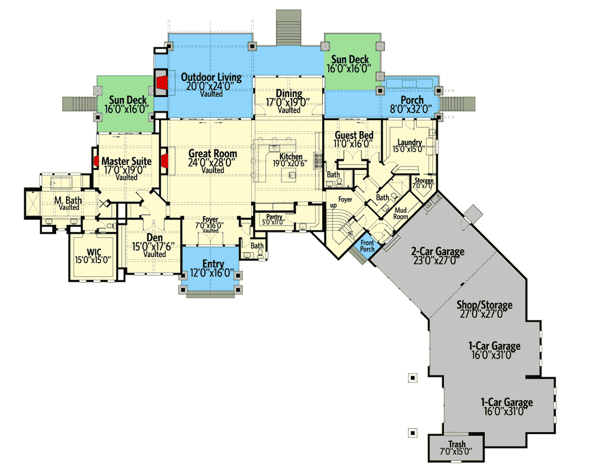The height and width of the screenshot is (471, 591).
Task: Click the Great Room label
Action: [x=213, y=154]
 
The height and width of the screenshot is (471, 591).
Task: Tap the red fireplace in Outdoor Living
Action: [x=162, y=82]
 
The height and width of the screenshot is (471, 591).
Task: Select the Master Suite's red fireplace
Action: [x=96, y=160]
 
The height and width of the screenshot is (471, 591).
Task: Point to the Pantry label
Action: [x=274, y=217]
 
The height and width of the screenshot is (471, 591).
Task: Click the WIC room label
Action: [x=94, y=252]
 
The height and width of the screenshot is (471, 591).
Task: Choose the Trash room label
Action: [x=457, y=444]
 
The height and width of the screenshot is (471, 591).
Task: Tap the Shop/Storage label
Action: [x=484, y=304]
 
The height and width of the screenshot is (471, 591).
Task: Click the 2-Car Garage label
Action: [x=437, y=251]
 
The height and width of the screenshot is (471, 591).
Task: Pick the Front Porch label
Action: [x=367, y=245]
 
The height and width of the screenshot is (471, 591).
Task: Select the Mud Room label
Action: [x=400, y=213]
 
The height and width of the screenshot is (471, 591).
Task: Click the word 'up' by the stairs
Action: [x=334, y=206]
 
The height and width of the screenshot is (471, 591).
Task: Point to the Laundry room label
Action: [x=410, y=142]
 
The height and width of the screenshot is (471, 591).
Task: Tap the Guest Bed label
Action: [x=354, y=135]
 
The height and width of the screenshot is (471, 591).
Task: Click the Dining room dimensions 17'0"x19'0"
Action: [x=288, y=102]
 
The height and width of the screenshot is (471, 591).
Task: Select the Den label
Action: [x=155, y=238]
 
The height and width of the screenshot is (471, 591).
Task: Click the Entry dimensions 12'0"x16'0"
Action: [x=212, y=273]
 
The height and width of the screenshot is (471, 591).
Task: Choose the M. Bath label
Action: [x=68, y=200]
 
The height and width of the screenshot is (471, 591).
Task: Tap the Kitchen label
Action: [x=291, y=156]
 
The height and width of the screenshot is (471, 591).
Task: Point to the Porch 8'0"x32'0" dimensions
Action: [x=411, y=109]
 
